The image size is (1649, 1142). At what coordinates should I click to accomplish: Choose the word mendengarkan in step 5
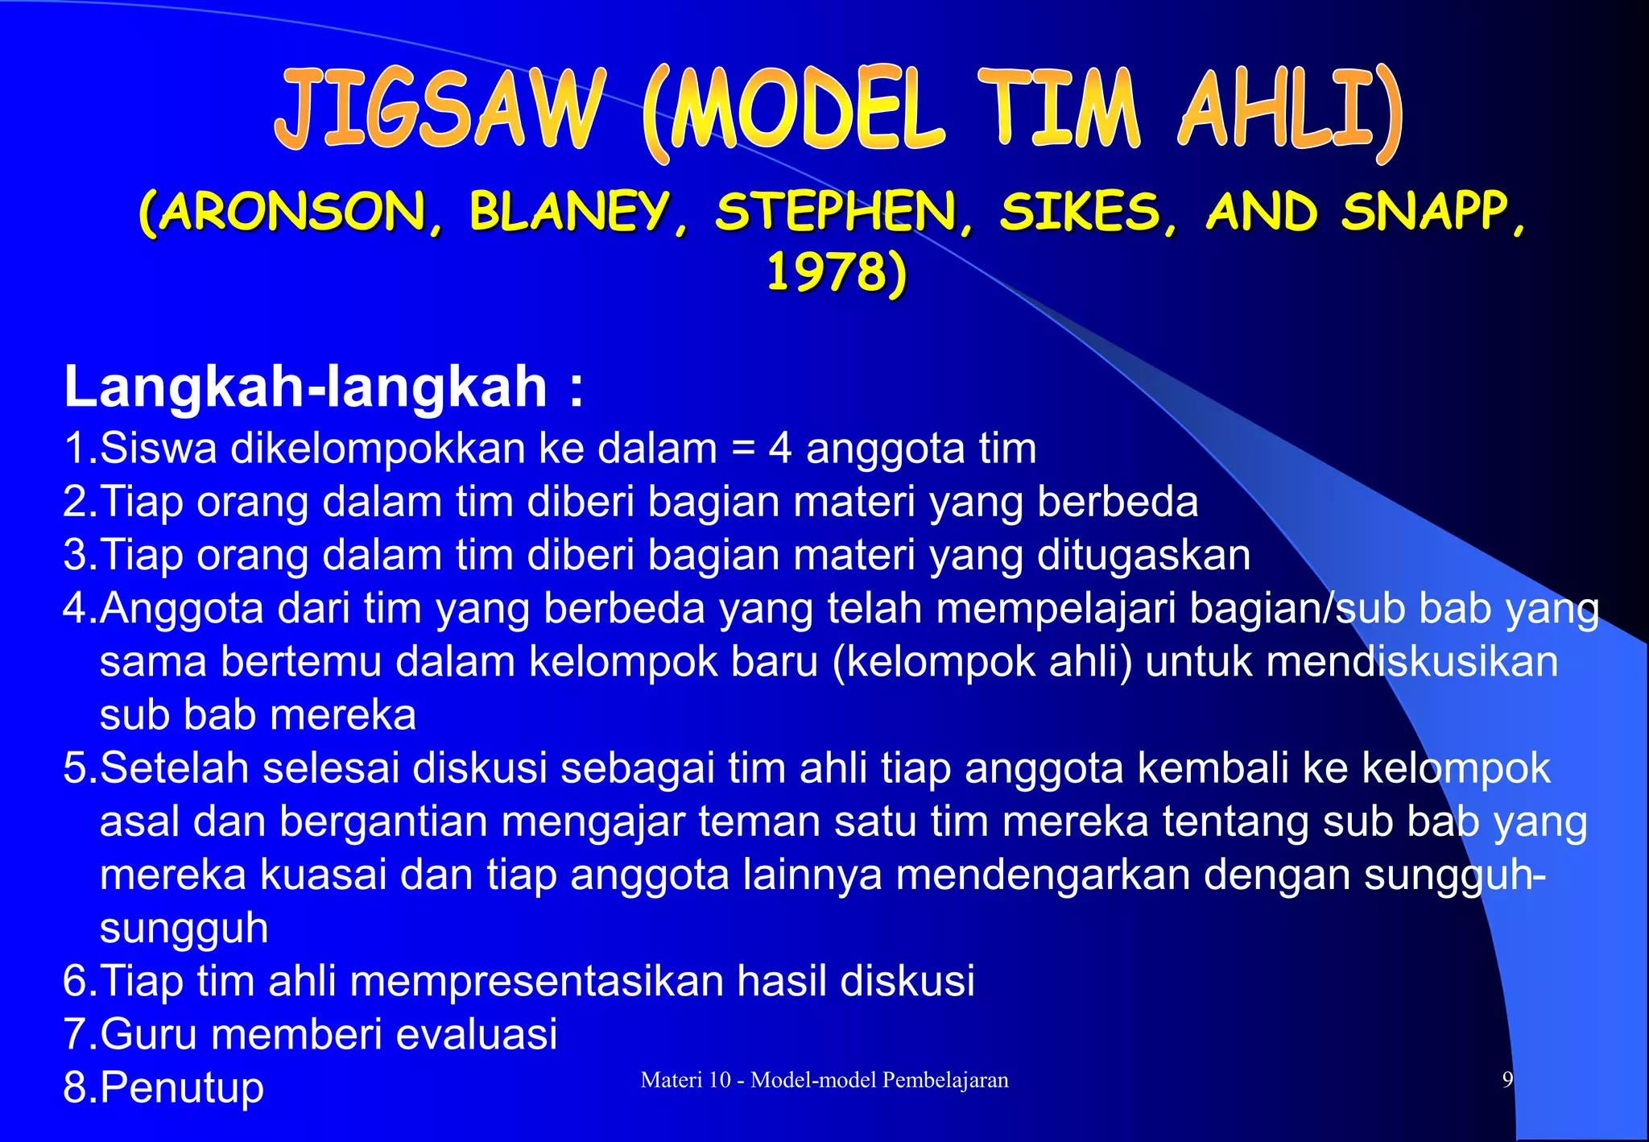click(1043, 875)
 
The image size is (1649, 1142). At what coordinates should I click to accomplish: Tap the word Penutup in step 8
click(182, 1088)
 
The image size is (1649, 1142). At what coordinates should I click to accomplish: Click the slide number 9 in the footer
click(1507, 1080)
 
